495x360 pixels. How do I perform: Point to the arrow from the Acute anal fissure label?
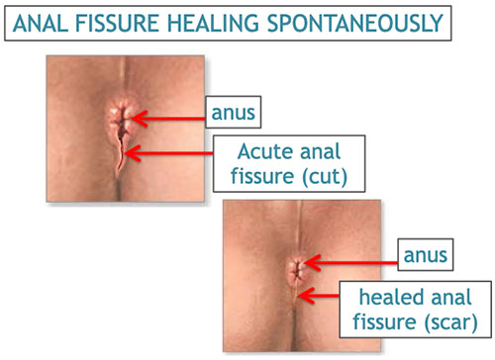pyautogui.click(x=173, y=154)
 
